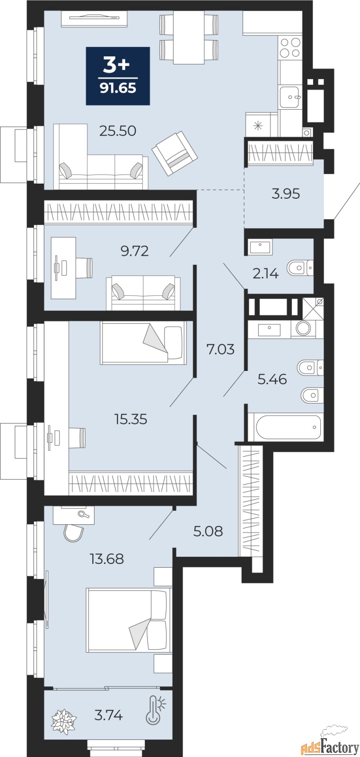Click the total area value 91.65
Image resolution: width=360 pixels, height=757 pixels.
(118, 88)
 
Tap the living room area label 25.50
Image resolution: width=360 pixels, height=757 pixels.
(118, 131)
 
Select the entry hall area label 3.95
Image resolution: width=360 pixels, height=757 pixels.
(286, 194)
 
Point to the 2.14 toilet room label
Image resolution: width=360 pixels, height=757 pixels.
(265, 273)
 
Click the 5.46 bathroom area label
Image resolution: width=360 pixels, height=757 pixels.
(272, 379)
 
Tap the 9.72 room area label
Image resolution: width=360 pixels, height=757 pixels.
(134, 251)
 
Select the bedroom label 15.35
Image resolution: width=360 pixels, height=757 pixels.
(131, 419)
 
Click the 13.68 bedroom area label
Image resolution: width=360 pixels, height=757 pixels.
(107, 559)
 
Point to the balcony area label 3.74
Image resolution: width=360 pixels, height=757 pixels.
(108, 715)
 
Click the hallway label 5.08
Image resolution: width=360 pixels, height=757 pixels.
(208, 531)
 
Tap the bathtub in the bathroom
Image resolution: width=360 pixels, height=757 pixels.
(288, 427)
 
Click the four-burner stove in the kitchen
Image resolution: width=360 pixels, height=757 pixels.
(290, 47)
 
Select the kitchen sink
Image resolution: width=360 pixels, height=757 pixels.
(290, 97)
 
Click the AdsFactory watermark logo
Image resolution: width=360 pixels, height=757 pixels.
(329, 747)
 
